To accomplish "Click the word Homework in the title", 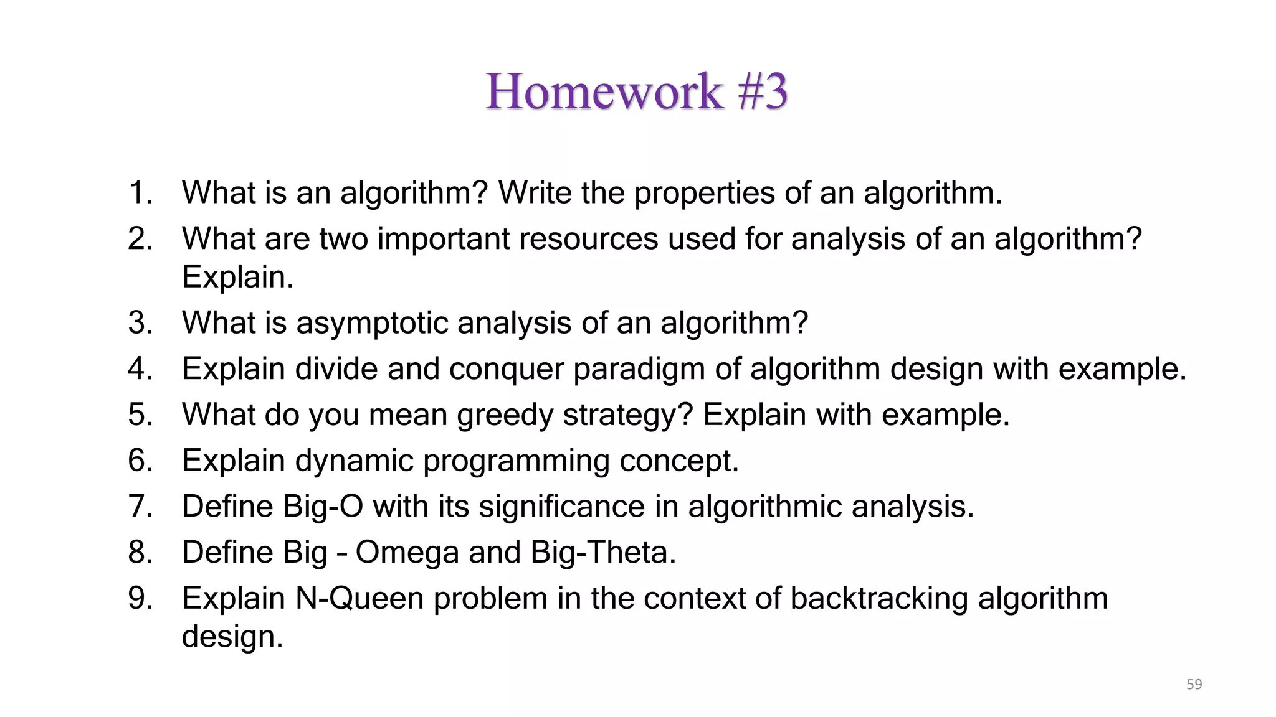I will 604,91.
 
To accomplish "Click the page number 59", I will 1194,684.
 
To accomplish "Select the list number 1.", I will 140,192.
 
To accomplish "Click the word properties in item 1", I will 704,194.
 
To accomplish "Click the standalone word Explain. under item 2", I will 237,277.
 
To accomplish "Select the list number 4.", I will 140,368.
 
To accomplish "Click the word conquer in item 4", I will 505,370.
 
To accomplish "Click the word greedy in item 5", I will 505,416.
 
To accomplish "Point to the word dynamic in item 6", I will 354,461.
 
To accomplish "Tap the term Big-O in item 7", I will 322,507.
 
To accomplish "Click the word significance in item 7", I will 561,507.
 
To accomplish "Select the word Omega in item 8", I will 407,553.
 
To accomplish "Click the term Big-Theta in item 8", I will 602,553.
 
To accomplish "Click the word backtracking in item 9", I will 879,598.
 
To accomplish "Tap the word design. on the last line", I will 232,637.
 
